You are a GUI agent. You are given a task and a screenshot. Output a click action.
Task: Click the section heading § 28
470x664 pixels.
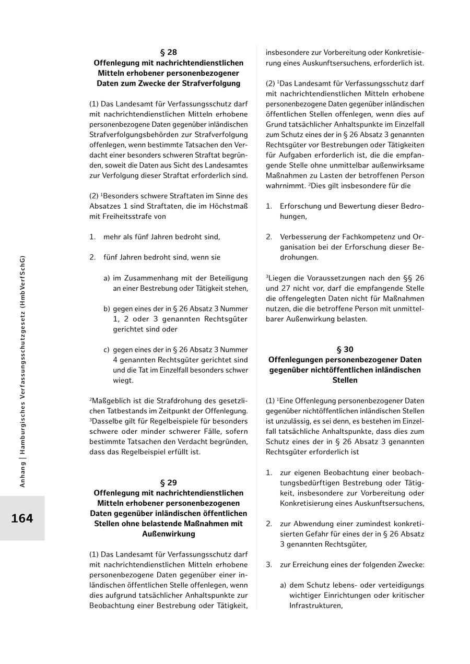coord(168,52)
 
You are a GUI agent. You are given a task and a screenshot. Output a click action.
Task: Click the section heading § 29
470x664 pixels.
coord(168,482)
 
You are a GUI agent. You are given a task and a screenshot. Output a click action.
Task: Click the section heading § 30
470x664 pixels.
coord(345,349)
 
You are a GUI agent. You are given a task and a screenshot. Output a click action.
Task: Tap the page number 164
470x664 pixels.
coord(22,518)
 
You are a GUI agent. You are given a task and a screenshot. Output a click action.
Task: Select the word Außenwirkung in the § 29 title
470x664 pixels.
coord(168,533)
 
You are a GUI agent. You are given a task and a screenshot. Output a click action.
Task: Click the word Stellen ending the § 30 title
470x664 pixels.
coord(345,380)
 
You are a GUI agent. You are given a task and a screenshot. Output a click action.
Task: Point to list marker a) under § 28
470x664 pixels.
coord(107,278)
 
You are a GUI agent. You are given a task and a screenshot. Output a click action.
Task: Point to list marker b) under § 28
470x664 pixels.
coord(107,309)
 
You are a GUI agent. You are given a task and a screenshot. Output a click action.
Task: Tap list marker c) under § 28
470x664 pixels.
coord(107,349)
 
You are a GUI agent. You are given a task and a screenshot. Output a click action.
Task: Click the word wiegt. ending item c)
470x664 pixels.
coord(123,380)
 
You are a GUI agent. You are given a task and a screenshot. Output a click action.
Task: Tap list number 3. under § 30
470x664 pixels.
coord(269,564)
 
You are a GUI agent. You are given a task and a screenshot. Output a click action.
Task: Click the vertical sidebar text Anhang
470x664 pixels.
coord(22,475)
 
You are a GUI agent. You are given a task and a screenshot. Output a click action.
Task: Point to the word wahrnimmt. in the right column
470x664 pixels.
coord(284,185)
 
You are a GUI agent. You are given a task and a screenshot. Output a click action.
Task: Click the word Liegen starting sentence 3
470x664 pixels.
coord(278,278)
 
